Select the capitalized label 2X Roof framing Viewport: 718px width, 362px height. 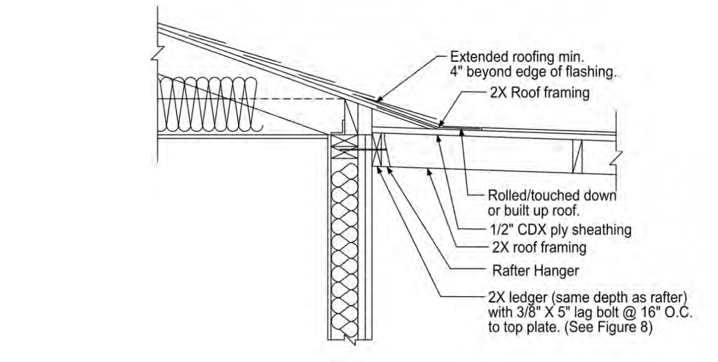[x=540, y=93]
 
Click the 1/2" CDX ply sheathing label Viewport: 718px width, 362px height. [x=561, y=230]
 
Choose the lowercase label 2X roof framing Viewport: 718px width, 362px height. [x=539, y=248]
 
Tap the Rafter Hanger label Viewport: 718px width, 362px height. [x=536, y=271]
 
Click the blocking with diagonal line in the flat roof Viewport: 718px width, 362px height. [x=577, y=156]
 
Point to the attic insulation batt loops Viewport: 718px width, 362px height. [x=210, y=104]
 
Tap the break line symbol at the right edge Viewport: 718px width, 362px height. [x=616, y=158]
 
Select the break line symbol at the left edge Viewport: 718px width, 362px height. [x=158, y=53]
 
